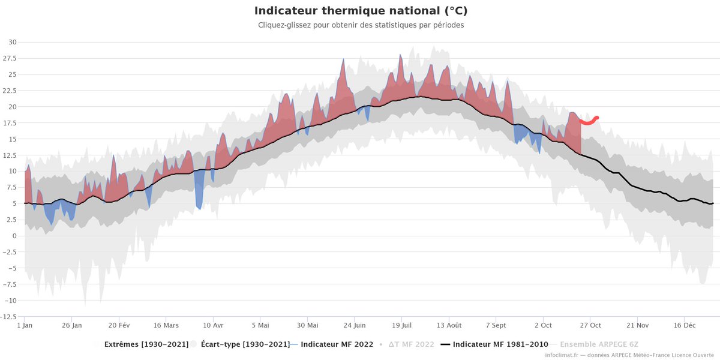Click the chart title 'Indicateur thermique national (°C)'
click(361, 11)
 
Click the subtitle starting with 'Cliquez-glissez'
click(361, 25)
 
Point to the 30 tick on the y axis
click(13, 43)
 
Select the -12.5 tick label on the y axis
click(10, 316)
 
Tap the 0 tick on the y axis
click(14, 236)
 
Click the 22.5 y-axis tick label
click(10, 91)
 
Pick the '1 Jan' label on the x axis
click(25, 325)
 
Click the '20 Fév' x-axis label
click(119, 325)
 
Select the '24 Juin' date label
click(354, 325)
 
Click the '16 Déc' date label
click(684, 325)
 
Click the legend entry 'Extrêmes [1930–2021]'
click(146, 344)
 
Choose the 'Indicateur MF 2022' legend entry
click(337, 344)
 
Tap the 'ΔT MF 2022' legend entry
click(411, 344)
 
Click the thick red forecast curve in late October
click(588, 122)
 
